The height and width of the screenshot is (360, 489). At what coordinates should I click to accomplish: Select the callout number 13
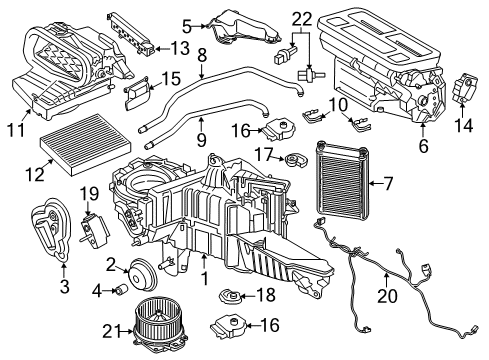178,46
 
